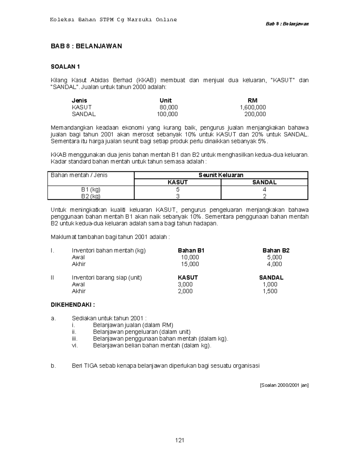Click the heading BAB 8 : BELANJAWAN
tap(86, 46)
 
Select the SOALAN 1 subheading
tap(65, 67)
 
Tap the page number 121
tap(180, 440)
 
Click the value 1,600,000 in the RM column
tap(253, 107)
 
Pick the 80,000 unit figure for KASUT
tap(169, 107)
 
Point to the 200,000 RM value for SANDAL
tap(255, 114)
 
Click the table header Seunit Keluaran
tap(221, 175)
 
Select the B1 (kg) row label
tap(91, 190)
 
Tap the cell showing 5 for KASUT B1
tap(178, 190)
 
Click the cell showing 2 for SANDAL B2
tap(264, 197)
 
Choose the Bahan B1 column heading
tap(191, 251)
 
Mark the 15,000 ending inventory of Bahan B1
tap(190, 264)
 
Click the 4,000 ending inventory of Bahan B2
tap(274, 264)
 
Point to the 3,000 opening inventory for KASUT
tap(185, 284)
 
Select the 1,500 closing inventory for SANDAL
tap(270, 291)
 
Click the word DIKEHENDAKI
tap(73, 305)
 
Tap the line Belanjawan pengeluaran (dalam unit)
tap(142, 332)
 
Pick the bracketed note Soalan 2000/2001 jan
tap(284, 385)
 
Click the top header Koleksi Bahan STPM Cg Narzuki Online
tap(113, 20)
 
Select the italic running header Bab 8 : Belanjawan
tap(287, 24)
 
